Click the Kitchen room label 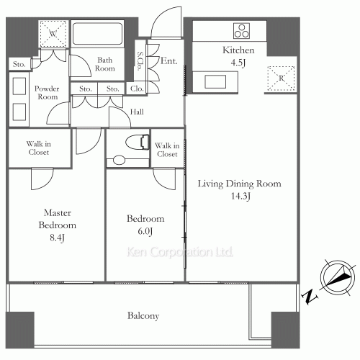(238, 50)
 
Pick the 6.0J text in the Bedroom (146, 231)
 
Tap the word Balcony (143, 316)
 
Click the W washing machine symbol (53, 34)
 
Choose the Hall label (137, 112)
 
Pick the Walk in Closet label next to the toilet (166, 149)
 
